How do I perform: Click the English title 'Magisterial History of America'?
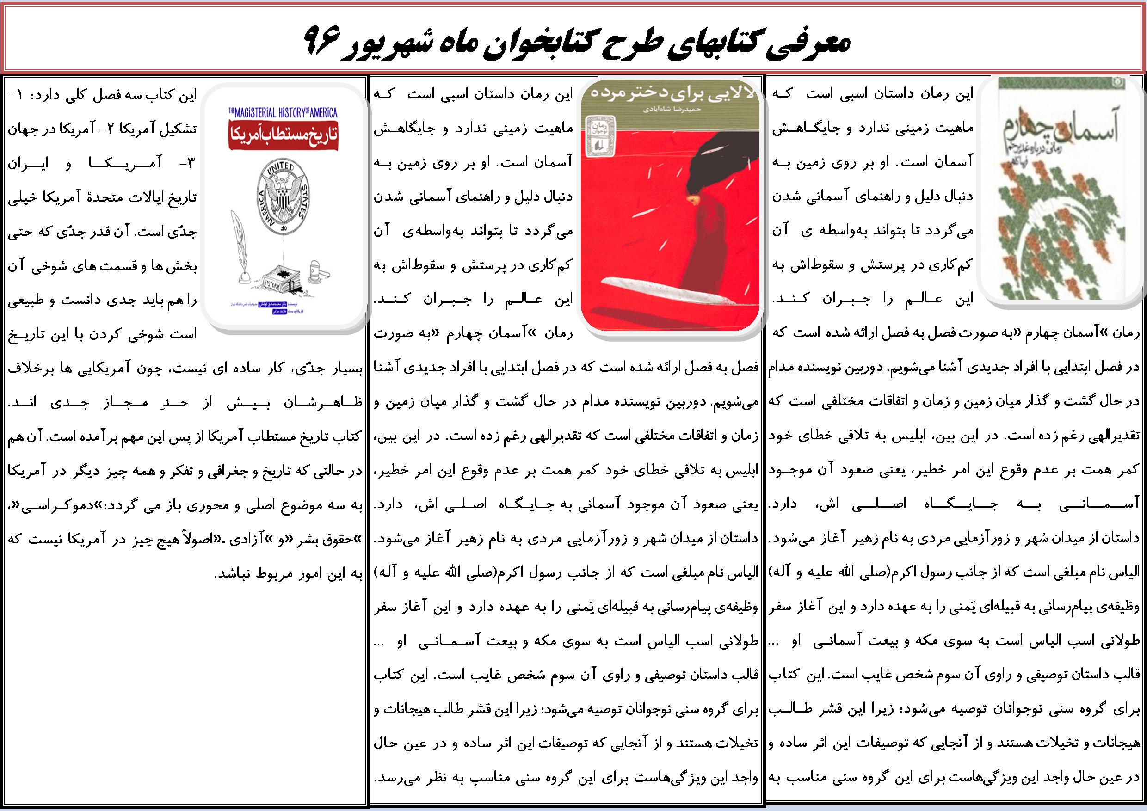[x=283, y=113]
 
